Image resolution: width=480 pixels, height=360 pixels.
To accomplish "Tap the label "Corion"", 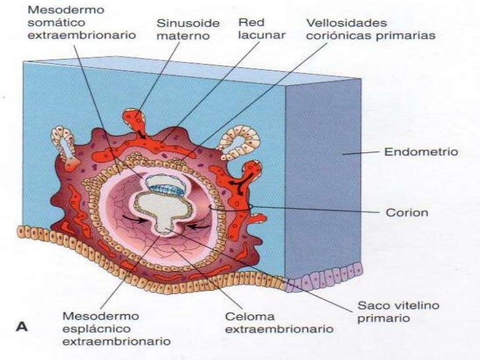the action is click(406, 213).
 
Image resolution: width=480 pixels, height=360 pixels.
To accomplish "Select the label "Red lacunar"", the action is click(261, 28).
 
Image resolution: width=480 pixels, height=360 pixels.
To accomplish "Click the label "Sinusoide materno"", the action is click(183, 28).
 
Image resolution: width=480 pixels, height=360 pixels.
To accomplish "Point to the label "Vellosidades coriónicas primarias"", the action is click(371, 28).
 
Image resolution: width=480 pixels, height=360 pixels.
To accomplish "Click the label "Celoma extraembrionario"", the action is click(280, 322).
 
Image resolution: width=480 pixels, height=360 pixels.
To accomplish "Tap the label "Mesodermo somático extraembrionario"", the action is click(82, 22).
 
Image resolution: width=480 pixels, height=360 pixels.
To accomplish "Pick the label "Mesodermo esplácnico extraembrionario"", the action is click(116, 328).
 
